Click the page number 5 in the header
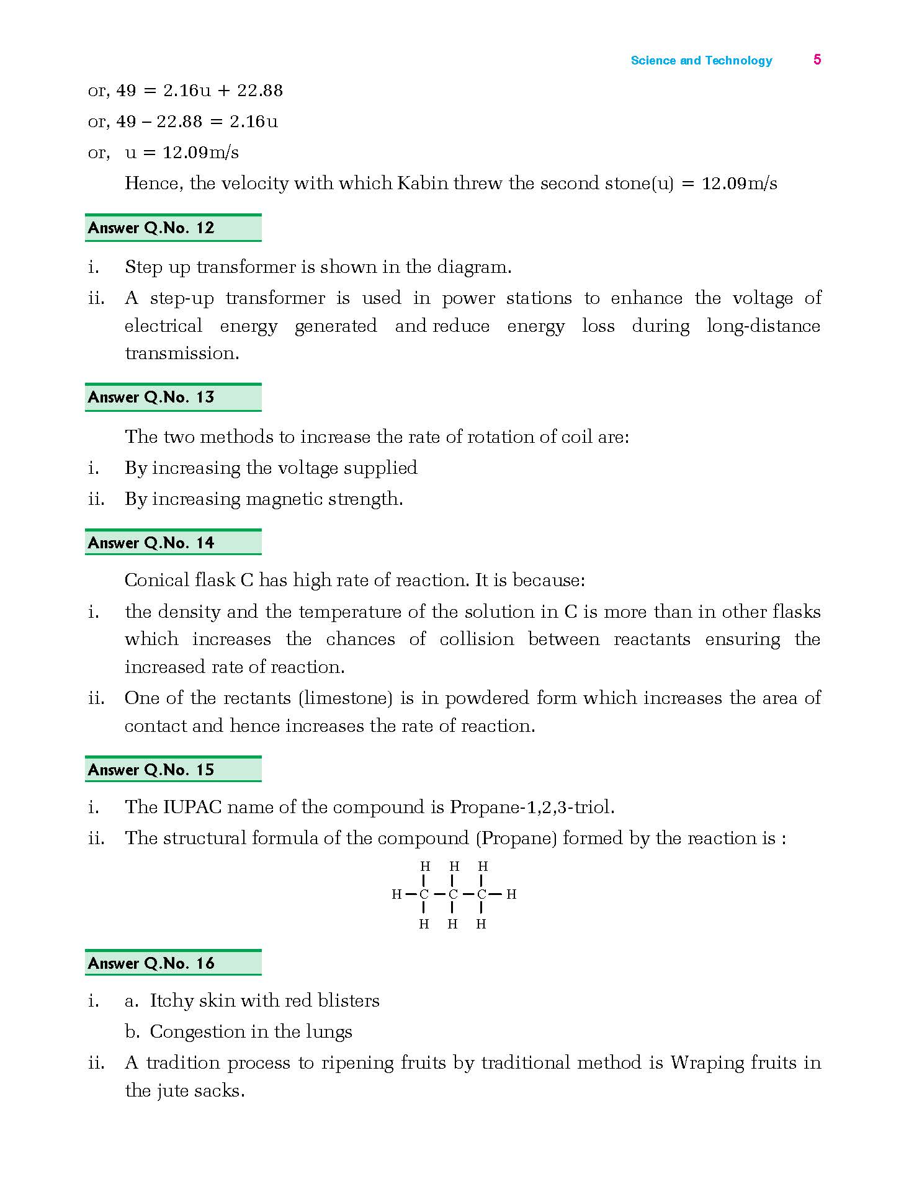(x=817, y=60)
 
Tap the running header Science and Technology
(x=701, y=60)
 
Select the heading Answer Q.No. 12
(x=151, y=228)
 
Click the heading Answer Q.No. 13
(x=151, y=398)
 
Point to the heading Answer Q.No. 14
(x=151, y=543)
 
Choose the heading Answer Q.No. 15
(x=151, y=770)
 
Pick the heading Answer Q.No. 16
(x=151, y=964)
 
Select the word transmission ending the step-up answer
(x=181, y=354)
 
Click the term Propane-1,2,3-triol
(x=532, y=808)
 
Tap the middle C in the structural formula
(x=453, y=894)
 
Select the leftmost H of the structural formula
(x=396, y=894)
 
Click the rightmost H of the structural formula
(x=511, y=894)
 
